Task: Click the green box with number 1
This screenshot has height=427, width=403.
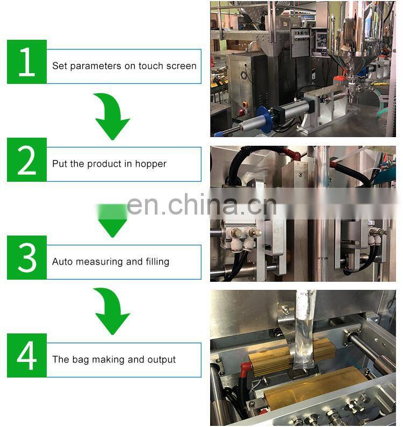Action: (x=27, y=62)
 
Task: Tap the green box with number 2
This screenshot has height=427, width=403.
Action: (x=27, y=160)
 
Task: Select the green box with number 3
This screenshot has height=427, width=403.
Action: (x=27, y=258)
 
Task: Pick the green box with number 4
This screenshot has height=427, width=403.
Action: (x=27, y=355)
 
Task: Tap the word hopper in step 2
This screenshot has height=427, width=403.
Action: (x=151, y=164)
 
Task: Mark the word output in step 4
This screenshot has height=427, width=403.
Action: (x=161, y=360)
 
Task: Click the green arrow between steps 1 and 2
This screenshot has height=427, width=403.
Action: (x=112, y=116)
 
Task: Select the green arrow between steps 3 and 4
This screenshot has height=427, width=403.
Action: (x=112, y=311)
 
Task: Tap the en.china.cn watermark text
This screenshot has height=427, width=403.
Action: (x=201, y=205)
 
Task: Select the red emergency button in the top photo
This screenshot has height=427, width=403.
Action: (x=244, y=104)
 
